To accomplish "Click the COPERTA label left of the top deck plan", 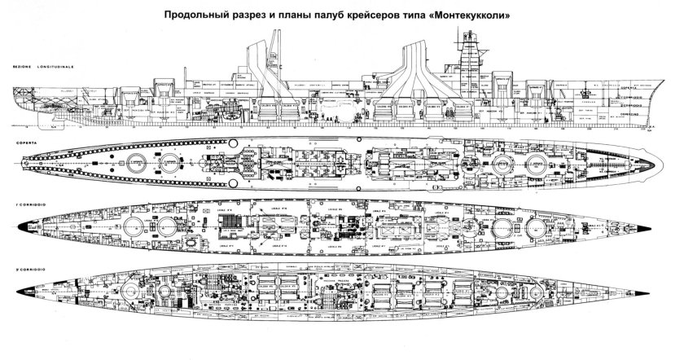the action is tap(18, 140).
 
